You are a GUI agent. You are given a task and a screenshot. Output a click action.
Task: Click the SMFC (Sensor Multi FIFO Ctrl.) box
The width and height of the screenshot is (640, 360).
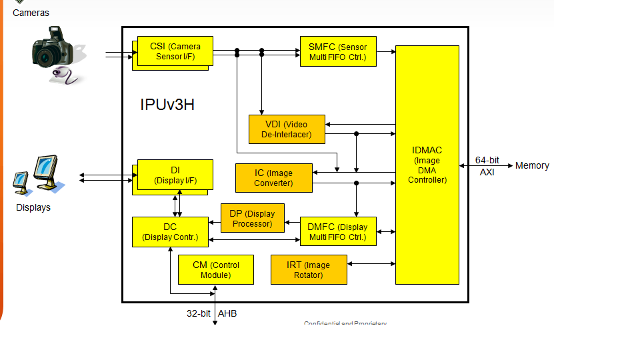(x=338, y=51)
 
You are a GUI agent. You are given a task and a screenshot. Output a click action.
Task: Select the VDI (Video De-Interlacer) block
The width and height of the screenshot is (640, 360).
(x=287, y=129)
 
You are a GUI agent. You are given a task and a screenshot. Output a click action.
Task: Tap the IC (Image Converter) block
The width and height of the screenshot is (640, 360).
(x=273, y=178)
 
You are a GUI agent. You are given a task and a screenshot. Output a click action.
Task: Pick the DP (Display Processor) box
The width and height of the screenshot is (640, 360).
(x=252, y=218)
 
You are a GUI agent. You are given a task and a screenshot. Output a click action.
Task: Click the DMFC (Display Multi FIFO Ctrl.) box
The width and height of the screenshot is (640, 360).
(x=338, y=232)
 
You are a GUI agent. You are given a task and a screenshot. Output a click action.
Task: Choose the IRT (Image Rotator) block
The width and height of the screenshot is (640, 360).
(x=308, y=269)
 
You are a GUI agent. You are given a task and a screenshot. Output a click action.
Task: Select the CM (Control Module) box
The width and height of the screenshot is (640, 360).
(x=215, y=269)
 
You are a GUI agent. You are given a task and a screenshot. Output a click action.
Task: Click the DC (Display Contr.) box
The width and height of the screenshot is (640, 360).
(x=170, y=231)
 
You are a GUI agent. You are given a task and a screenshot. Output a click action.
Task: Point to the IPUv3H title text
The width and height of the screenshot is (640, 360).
(x=167, y=105)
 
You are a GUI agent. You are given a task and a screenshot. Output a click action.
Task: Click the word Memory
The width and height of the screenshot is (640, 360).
(x=532, y=165)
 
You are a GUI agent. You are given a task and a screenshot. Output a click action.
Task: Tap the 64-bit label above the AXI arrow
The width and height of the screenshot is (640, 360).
(x=487, y=160)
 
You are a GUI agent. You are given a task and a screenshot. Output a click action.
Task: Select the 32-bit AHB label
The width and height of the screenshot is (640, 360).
(x=211, y=313)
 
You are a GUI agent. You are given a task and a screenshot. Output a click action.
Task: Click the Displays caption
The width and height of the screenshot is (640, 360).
(x=33, y=207)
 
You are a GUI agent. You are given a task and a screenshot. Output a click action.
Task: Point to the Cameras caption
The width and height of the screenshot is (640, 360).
(x=31, y=13)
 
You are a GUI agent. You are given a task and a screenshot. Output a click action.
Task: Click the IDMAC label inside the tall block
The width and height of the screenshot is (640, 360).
(x=427, y=150)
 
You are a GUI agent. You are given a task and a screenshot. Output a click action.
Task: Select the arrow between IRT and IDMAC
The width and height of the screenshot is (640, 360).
(x=371, y=264)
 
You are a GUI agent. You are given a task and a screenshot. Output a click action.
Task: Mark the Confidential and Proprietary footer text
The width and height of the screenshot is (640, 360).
(x=345, y=323)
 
